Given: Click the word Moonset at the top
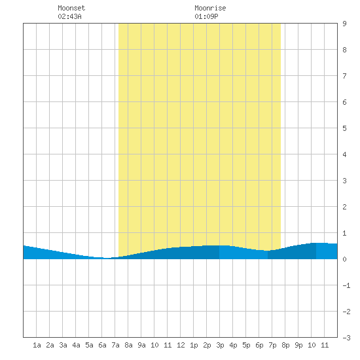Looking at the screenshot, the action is pos(71,8).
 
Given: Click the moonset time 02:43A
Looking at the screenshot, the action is pos(69,16).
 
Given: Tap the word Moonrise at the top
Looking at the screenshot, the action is pos(210,8).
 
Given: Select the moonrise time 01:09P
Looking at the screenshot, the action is pos(206,16).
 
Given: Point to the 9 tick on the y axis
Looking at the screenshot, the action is pos(344,24).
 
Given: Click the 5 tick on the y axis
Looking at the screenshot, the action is pos(344,128).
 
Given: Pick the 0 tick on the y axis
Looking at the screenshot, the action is pos(344,259).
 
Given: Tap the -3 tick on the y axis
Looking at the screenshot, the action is pos(346,338).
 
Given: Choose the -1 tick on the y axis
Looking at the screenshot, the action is pos(346,285).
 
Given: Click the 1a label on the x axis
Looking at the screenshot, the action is pos(37,345).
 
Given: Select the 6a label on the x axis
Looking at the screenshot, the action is pos(102,345).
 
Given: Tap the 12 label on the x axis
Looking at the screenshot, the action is pos(181,345).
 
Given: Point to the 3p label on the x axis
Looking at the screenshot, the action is pos(220,345).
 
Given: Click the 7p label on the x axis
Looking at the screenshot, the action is pos(272,345).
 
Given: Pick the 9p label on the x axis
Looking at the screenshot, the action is pos(298,345).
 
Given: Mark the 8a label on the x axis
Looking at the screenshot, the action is pos(128,345).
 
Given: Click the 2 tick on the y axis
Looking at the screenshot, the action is pos(344,207).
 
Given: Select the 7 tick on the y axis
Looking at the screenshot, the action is pos(344,76).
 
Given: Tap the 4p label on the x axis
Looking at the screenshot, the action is pos(233,345).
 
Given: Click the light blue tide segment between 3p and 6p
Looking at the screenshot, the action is pos(243,253).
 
